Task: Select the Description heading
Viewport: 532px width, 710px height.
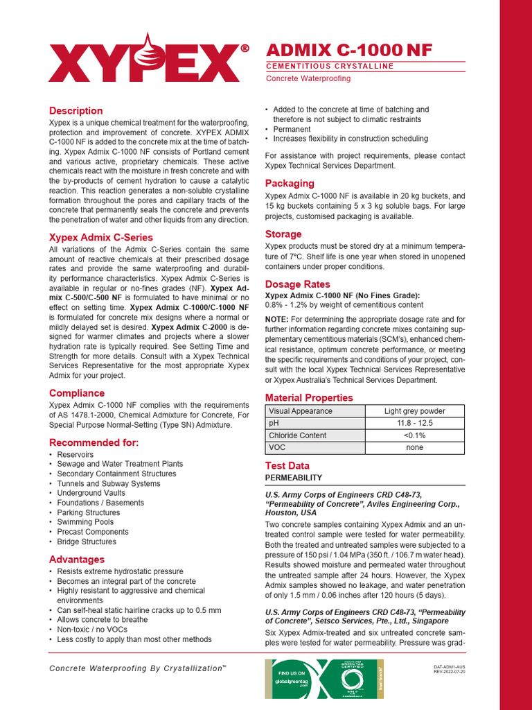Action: coord(76,111)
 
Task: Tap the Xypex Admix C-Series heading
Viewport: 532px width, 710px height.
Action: coord(101,237)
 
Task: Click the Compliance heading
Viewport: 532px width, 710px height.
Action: coord(77,393)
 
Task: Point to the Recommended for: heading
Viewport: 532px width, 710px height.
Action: coord(94,442)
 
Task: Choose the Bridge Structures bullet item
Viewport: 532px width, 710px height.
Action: coord(87,542)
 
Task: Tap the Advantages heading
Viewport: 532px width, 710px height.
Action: coord(77,559)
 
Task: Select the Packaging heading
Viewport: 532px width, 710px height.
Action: coord(290,183)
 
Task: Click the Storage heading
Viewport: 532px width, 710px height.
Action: coord(283,234)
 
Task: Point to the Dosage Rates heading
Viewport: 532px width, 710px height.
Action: coord(298,284)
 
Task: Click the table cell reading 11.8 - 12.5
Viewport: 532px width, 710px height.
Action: coord(415,423)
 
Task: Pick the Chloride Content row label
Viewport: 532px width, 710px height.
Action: coord(298,435)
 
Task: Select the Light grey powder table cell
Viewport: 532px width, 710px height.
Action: coord(415,410)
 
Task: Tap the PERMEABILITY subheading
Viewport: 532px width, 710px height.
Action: coord(294,478)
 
